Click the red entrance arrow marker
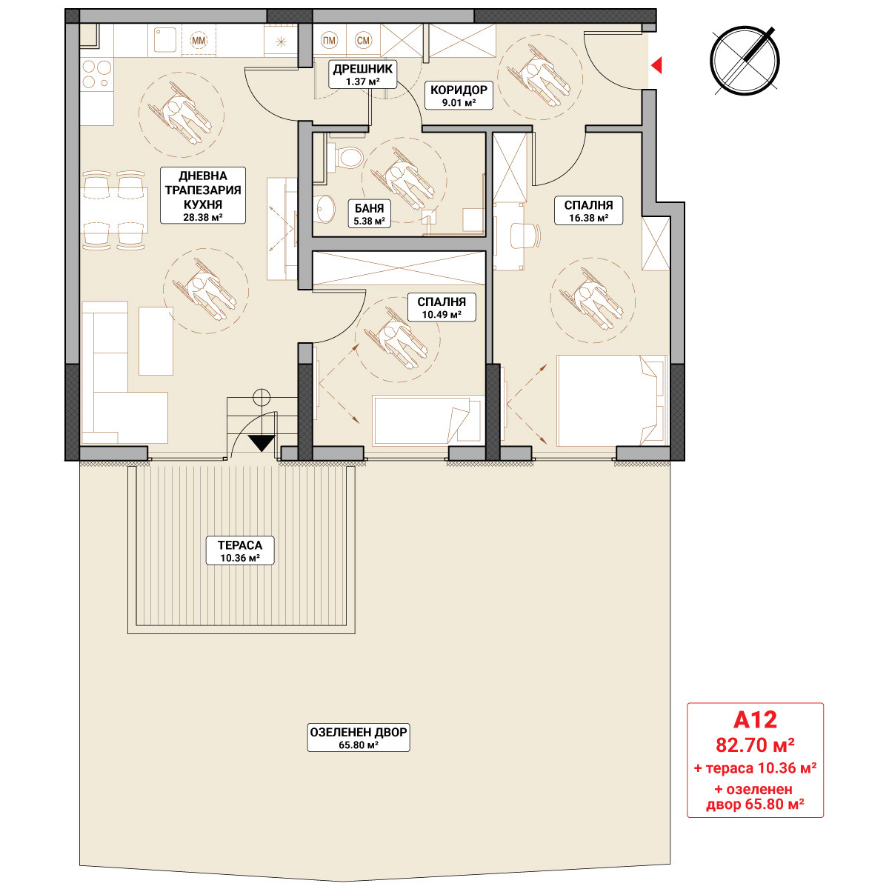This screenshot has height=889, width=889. click(656, 65)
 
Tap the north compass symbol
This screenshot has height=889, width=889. click(745, 61)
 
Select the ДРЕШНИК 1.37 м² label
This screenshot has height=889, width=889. click(362, 75)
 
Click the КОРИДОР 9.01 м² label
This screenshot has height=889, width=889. click(459, 96)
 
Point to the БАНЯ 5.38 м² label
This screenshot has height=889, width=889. click(369, 214)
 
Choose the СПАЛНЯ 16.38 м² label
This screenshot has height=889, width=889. click(588, 211)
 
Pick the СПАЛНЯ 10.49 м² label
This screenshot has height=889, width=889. click(442, 307)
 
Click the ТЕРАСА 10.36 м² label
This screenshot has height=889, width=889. click(240, 550)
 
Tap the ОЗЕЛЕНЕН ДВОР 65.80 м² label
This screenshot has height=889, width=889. click(359, 738)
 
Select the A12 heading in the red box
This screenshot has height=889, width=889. click(755, 719)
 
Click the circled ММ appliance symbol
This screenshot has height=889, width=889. click(199, 41)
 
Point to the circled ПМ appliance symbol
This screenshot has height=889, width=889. click(329, 41)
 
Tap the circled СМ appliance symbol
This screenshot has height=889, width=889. click(363, 41)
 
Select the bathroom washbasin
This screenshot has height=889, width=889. click(324, 208)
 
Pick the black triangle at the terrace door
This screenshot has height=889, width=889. click(262, 443)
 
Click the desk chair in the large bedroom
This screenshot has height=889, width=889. click(525, 236)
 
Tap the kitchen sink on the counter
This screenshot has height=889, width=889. click(165, 40)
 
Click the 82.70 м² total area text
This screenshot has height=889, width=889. click(755, 745)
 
